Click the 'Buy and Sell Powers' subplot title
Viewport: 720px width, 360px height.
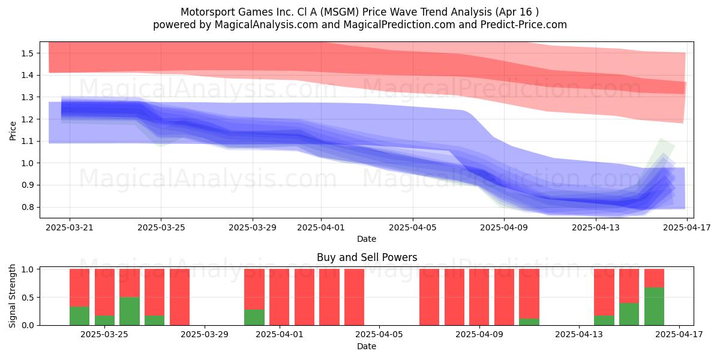[x=367, y=257]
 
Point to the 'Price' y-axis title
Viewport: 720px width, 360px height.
[x=13, y=131]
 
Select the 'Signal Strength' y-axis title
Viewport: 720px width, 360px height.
[x=12, y=296]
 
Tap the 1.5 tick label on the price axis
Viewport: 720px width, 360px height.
[x=28, y=53]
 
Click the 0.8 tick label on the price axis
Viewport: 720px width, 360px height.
[x=28, y=207]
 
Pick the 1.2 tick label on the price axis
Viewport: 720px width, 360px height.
[x=28, y=119]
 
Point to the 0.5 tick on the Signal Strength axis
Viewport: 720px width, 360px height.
[x=28, y=298]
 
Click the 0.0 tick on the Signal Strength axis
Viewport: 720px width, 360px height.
[x=28, y=325]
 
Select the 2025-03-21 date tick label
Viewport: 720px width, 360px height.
[x=70, y=227]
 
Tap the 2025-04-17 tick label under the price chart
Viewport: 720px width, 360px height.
[x=687, y=227]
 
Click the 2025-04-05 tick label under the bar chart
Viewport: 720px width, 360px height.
[x=379, y=335]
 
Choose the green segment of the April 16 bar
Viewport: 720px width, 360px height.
[x=654, y=307]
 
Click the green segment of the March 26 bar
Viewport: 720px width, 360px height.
[x=129, y=311]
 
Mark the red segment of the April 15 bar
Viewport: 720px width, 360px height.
[x=629, y=286]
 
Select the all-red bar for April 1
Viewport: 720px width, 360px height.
[x=279, y=297]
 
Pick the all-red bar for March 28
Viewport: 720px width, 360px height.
[x=179, y=297]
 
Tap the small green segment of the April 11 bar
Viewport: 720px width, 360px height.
[x=529, y=322]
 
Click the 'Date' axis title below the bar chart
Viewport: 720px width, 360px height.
[x=367, y=346]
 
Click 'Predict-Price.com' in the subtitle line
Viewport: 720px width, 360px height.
[x=524, y=25]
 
